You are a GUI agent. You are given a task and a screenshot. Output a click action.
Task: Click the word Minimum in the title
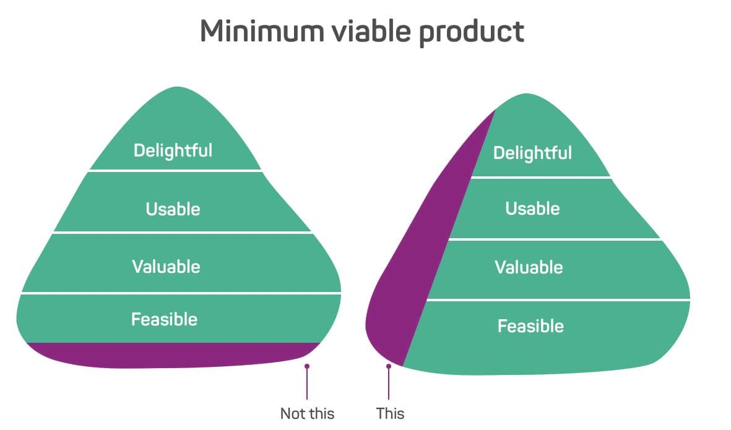pos(262,31)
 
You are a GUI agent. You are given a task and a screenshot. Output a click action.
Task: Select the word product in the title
pos(471,33)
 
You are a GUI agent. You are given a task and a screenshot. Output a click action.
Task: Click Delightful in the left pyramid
pos(173,150)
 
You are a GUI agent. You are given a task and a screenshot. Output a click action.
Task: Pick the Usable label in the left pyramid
pos(173,209)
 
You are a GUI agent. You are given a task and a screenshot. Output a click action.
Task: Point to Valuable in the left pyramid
pos(166,267)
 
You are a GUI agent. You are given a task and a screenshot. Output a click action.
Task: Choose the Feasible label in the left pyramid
pos(164,320)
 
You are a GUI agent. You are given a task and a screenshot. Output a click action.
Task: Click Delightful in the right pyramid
pos(532,153)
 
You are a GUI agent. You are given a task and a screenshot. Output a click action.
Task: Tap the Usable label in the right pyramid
pos(532,209)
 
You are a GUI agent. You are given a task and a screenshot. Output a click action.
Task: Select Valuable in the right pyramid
pos(529,267)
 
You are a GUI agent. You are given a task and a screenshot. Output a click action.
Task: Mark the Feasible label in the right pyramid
pos(530,326)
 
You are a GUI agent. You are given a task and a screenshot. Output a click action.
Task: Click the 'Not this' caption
pos(307,414)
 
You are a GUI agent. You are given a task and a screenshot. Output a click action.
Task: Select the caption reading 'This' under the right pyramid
pos(390,414)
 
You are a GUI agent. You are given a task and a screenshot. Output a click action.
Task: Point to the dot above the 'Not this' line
pos(307,367)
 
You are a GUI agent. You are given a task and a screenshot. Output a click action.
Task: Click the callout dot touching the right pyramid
pos(389,367)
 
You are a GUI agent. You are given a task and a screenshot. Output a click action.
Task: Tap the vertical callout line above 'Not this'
pos(307,384)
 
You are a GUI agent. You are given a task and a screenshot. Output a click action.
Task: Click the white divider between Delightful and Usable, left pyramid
pos(175,171)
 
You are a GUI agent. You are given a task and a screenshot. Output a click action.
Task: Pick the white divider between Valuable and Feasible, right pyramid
pos(558,300)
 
